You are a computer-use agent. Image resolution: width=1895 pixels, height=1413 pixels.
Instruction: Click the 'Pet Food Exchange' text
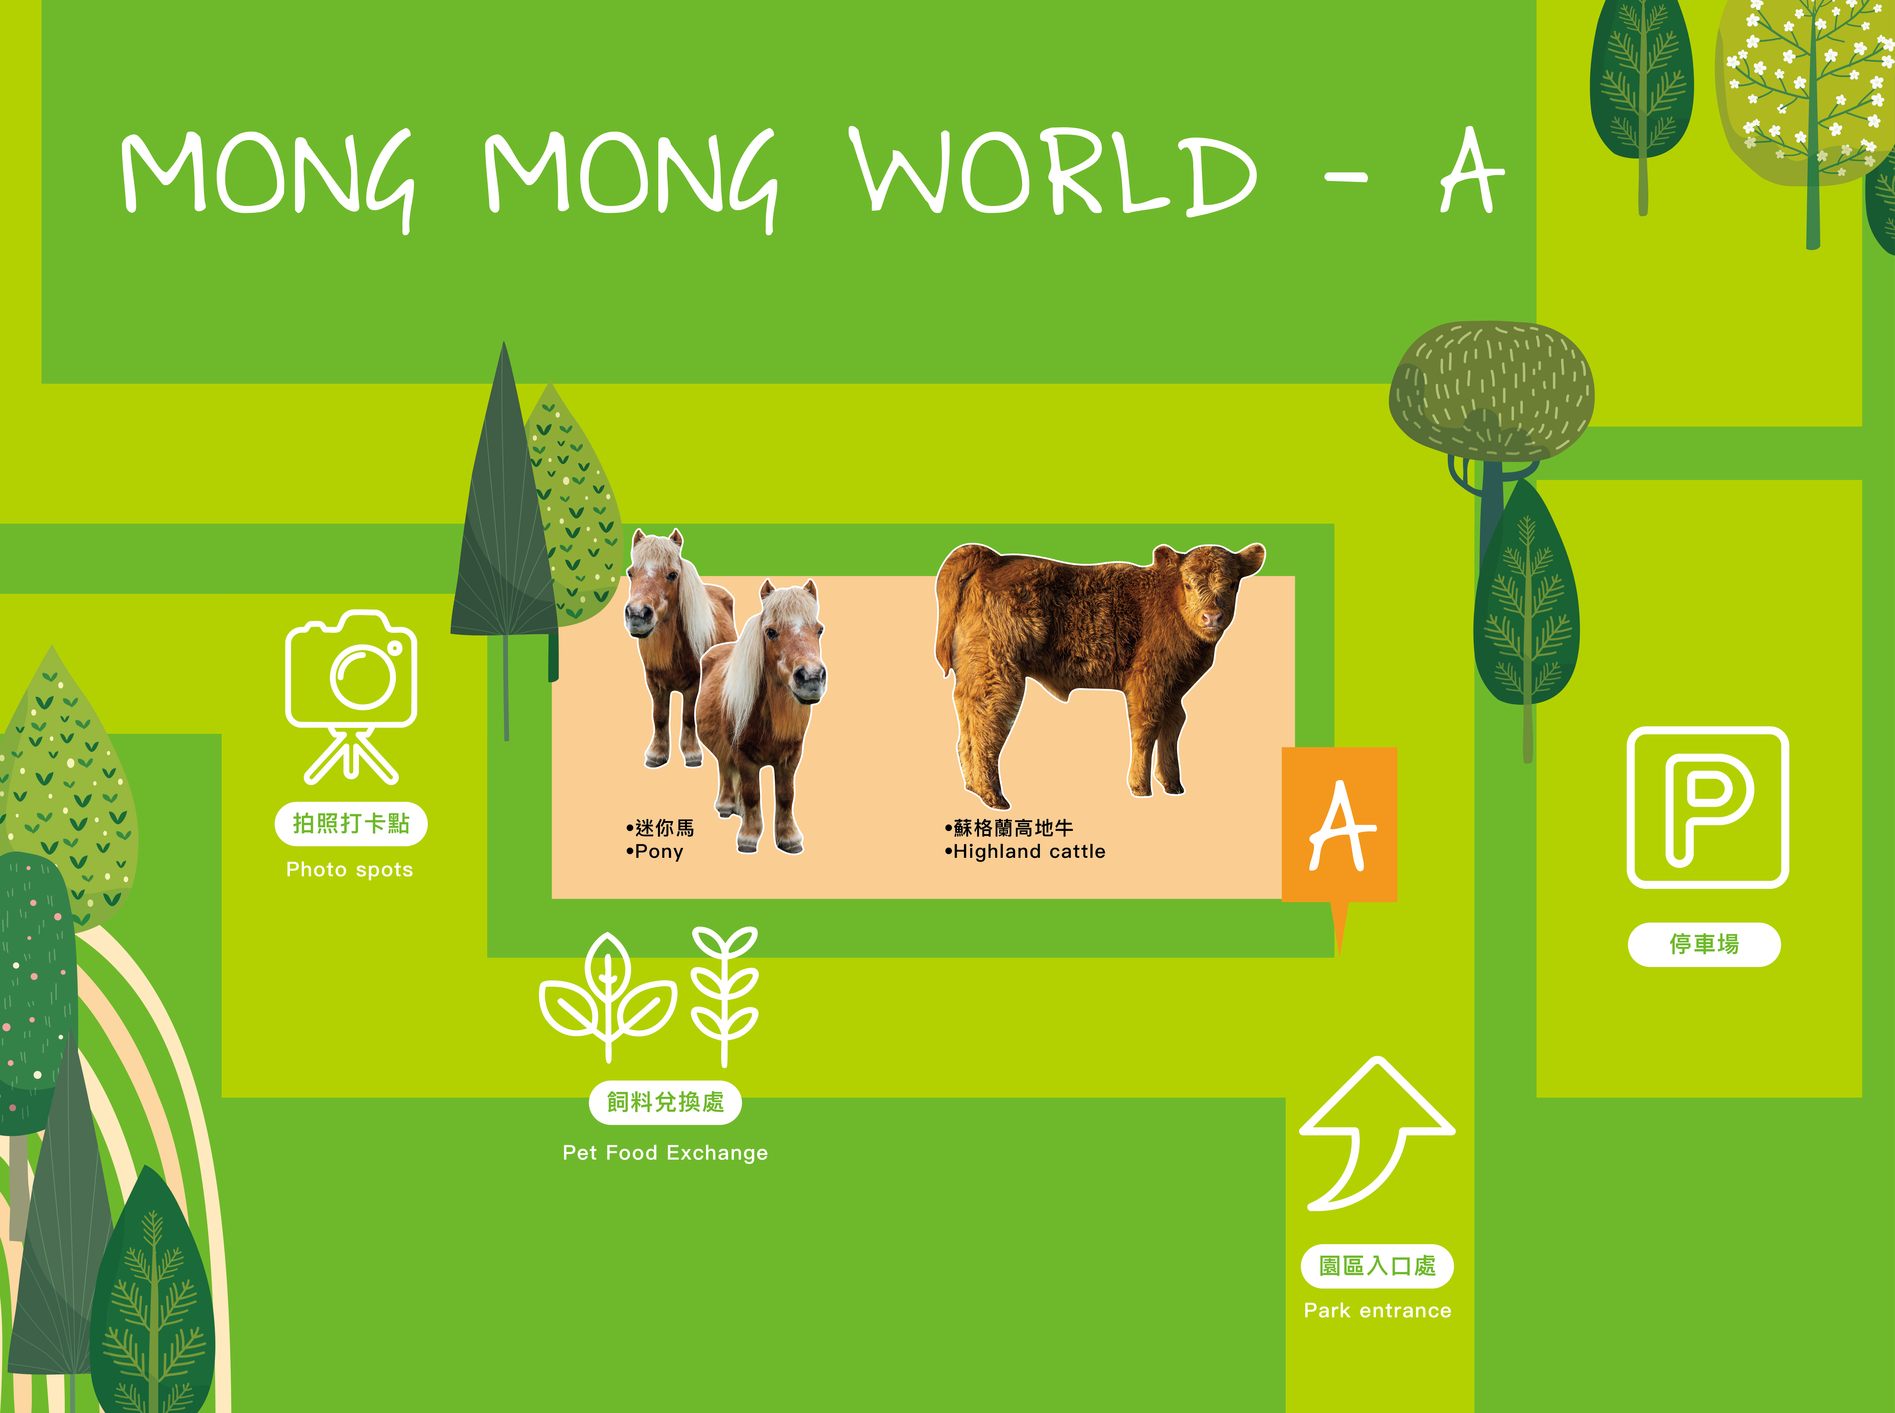pos(665,1153)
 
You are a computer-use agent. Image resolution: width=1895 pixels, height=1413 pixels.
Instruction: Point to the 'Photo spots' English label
pos(349,870)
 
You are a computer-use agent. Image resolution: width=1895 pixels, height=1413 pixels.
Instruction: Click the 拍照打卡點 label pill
pos(351,824)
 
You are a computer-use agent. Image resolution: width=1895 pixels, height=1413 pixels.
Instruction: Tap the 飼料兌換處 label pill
pos(665,1103)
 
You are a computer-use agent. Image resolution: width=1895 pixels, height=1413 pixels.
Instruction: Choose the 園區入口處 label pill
pos(1376,1266)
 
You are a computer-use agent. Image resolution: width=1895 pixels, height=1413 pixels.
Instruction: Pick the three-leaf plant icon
pos(607,996)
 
